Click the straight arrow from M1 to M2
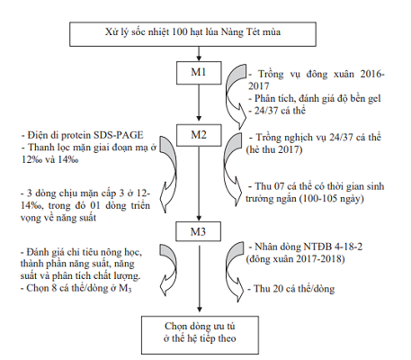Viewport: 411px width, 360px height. [x=199, y=103]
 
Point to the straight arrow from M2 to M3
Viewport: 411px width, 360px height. [x=199, y=184]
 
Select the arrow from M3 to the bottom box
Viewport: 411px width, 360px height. [x=200, y=279]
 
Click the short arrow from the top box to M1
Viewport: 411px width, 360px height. [x=199, y=54]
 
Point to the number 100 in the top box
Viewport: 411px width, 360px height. [x=180, y=31]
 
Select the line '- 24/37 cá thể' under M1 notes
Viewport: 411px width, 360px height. [x=277, y=111]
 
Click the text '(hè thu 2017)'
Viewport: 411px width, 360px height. [x=274, y=149]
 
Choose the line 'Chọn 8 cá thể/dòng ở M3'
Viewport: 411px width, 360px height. [x=76, y=288]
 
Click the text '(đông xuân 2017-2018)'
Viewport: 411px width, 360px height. [x=295, y=259]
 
